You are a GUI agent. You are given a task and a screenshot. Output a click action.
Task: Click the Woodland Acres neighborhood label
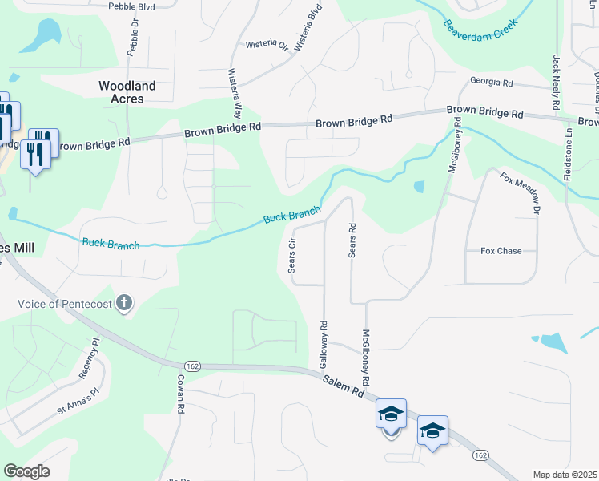coord(127,92)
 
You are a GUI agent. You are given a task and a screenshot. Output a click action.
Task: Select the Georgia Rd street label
coord(491,83)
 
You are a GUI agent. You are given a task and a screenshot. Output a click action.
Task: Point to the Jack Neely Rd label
coord(555,83)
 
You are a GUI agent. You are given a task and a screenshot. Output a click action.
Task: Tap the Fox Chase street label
coord(501,251)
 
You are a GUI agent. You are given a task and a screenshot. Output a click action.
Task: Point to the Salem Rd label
coord(344,386)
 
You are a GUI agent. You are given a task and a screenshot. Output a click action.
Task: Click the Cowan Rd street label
coord(181,394)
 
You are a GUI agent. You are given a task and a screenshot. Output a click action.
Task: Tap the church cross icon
coord(123,304)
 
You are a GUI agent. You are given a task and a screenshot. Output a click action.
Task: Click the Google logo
coord(26,471)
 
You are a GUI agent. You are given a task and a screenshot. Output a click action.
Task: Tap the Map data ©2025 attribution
coord(565,475)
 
